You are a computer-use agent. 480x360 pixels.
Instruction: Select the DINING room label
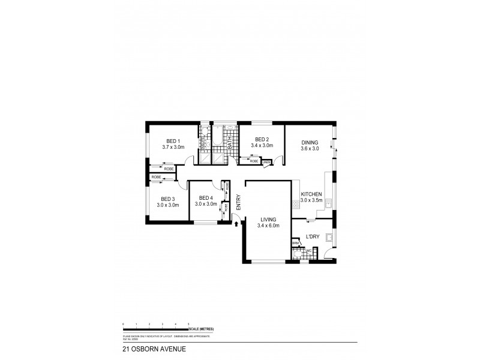click(x=310, y=143)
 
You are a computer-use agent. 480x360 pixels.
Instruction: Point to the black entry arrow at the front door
click(x=236, y=224)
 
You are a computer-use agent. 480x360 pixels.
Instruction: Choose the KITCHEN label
click(x=312, y=194)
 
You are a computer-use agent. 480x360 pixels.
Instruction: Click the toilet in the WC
click(x=296, y=254)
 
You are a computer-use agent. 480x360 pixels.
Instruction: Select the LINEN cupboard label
click(x=266, y=161)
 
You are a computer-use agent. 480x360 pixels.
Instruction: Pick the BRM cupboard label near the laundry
click(x=295, y=242)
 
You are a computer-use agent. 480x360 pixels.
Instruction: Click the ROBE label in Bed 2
click(x=254, y=161)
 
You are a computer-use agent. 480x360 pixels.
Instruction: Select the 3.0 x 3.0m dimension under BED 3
click(x=168, y=205)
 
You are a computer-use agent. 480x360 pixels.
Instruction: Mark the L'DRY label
click(x=312, y=236)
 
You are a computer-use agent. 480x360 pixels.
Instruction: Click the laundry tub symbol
click(x=328, y=238)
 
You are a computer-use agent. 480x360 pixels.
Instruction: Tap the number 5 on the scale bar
click(x=188, y=324)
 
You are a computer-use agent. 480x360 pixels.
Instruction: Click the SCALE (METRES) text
click(x=201, y=330)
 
